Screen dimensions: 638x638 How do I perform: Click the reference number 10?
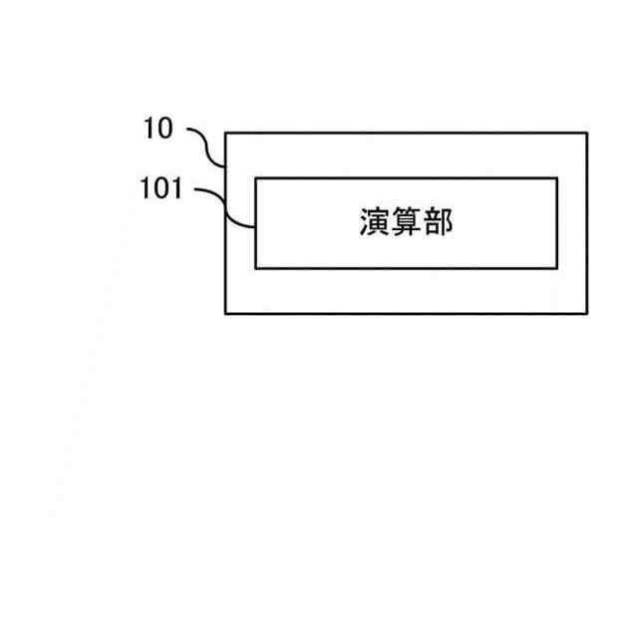(x=159, y=128)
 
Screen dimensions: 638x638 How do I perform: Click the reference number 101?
(x=161, y=188)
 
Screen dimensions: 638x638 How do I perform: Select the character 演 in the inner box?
(x=375, y=222)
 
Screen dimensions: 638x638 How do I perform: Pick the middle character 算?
(x=407, y=222)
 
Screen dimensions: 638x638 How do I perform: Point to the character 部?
(x=438, y=222)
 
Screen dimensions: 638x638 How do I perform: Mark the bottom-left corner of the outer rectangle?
(x=225, y=314)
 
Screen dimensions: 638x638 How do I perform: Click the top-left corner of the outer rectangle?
(x=225, y=133)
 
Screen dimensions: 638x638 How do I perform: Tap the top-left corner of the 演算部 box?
(x=255, y=177)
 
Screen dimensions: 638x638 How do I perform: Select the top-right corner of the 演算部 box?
(x=557, y=177)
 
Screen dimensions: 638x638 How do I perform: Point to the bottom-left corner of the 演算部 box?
(x=255, y=268)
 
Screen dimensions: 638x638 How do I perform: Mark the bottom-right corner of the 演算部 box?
(x=557, y=268)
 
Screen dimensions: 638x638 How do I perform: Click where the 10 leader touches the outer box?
(x=225, y=164)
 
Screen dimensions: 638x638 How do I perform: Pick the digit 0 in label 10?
(x=165, y=128)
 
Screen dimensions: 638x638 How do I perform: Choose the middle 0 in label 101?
(x=161, y=188)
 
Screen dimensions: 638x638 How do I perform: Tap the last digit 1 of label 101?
(x=175, y=188)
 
